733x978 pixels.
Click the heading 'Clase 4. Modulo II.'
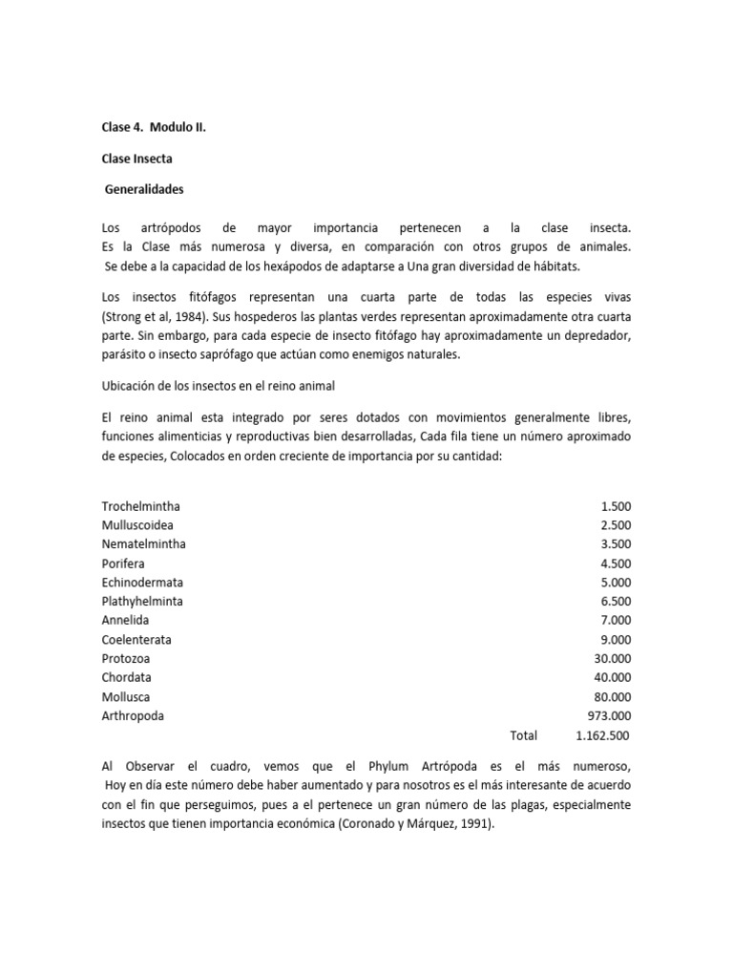(x=154, y=126)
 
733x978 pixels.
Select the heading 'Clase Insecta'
(x=137, y=158)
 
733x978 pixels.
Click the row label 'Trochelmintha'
(x=141, y=506)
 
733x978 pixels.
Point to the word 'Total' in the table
(x=524, y=735)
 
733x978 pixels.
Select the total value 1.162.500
(x=603, y=735)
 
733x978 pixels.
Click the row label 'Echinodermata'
(x=142, y=583)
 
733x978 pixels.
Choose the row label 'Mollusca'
(x=126, y=697)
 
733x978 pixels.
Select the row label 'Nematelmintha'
(x=144, y=544)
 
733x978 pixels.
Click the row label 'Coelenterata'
(x=137, y=640)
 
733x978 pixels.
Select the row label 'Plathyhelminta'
(x=143, y=602)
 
